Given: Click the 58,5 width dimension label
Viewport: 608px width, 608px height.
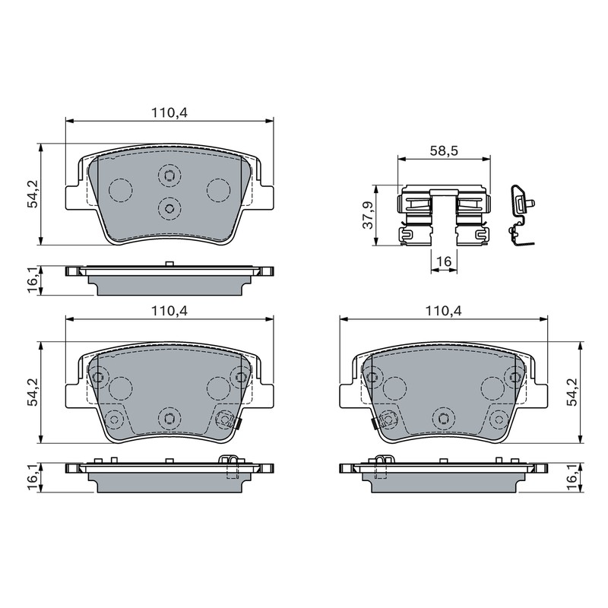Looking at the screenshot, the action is coord(444,150).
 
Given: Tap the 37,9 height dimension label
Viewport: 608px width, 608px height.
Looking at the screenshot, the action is coord(368,215).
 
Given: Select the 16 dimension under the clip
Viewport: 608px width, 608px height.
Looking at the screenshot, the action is coord(444,261).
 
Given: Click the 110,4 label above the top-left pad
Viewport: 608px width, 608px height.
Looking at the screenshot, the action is coord(169,112).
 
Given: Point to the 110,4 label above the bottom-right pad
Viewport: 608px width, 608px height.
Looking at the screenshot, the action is coord(444,311).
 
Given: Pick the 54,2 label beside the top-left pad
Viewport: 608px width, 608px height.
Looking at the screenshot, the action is coord(33,194).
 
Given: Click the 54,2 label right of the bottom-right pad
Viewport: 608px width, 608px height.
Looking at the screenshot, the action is coord(572,392).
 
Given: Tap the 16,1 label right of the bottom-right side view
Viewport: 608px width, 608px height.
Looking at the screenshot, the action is coord(572,477).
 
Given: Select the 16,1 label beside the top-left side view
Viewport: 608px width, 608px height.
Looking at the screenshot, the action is coord(33,280).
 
